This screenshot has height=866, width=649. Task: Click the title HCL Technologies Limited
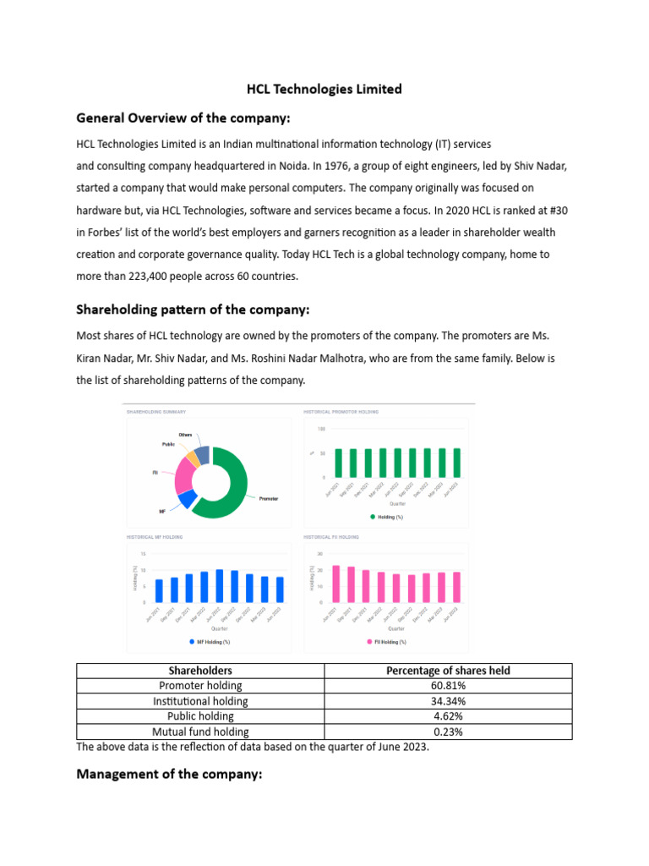coord(324,89)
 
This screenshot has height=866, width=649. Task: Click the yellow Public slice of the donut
coord(192,458)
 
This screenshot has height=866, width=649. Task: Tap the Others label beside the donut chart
coord(185,435)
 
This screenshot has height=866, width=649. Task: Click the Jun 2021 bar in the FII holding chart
coord(336,584)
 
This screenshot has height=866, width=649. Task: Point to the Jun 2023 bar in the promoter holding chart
coord(457,463)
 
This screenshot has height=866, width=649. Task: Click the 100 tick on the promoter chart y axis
coord(321,429)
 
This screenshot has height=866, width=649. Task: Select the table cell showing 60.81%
coord(448,686)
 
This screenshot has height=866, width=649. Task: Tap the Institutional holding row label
coord(200,701)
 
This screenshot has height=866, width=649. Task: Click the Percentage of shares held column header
coord(448,671)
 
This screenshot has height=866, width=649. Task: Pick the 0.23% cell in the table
coord(448,732)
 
